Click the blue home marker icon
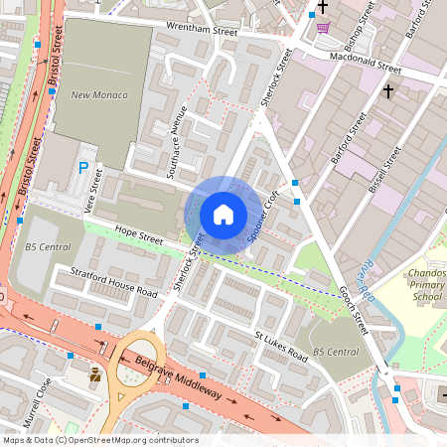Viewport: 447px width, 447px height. [x=223, y=215]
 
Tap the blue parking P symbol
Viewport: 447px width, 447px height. [x=84, y=170]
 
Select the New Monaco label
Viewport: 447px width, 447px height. [x=95, y=95]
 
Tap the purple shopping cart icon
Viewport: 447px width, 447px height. [x=323, y=27]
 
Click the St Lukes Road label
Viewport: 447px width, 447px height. [x=282, y=348]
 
